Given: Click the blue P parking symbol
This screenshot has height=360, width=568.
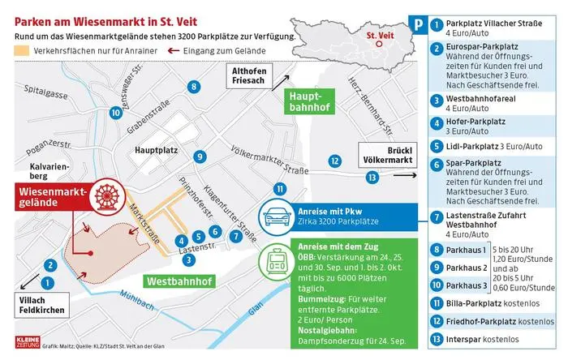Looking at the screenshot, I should pos(416,25).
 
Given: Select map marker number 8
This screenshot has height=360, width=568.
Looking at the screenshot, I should pos(193,86).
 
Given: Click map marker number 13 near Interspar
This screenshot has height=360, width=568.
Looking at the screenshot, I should pos(372,177).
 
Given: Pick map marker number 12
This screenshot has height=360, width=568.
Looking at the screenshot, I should pos(334,161).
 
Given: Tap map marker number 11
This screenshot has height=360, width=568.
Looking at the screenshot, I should pos(280,190).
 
